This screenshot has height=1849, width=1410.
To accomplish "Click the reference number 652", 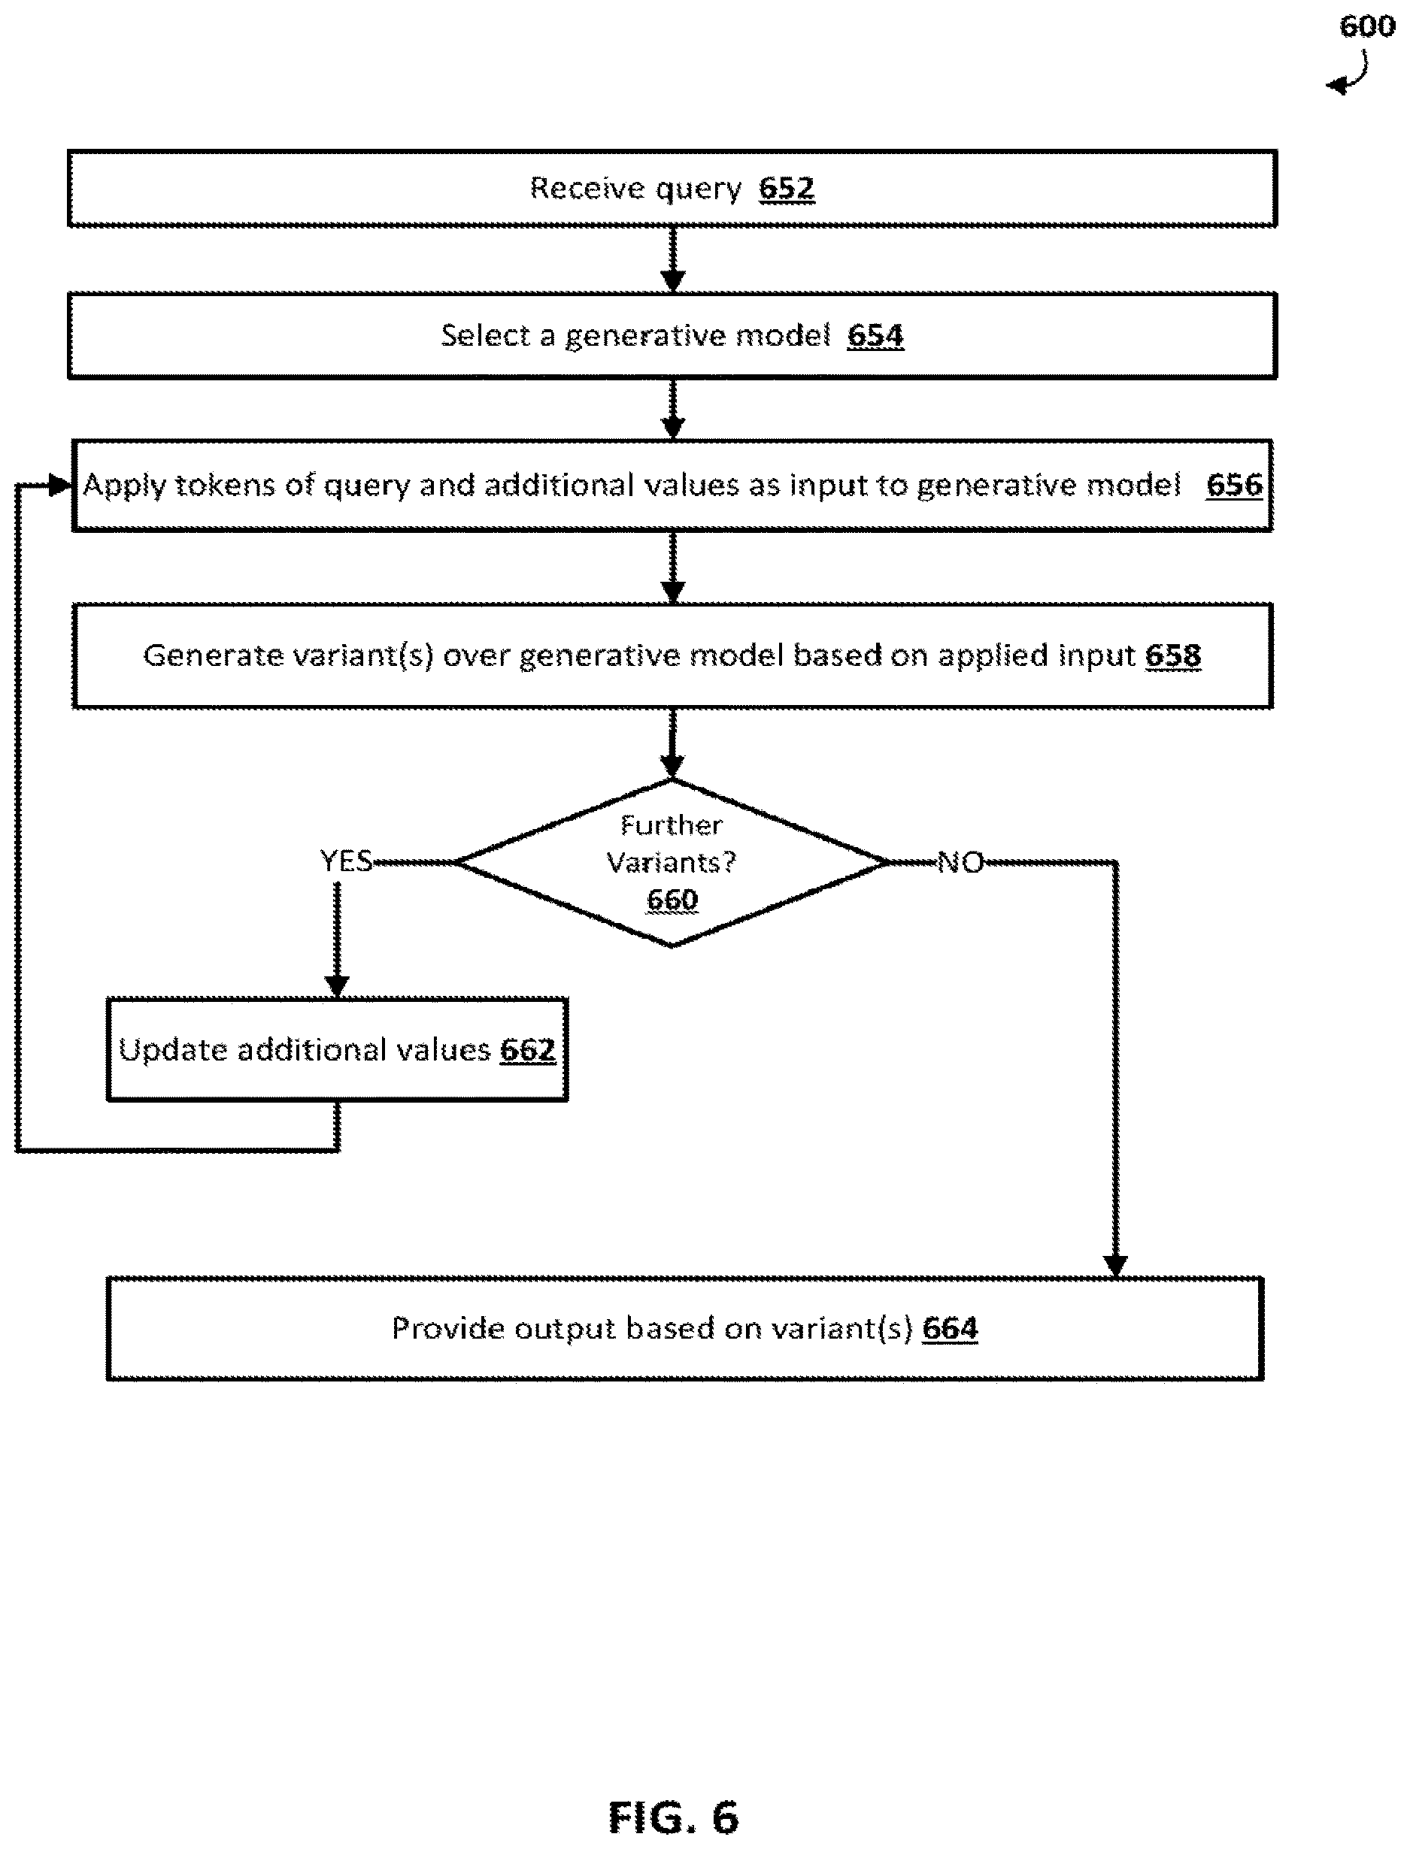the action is click(787, 188).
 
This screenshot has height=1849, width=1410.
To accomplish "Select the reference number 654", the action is click(875, 335).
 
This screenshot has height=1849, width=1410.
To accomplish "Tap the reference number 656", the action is click(1234, 484).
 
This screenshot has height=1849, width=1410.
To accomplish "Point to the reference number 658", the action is click(1172, 655).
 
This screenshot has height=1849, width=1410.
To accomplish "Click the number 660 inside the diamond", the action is click(672, 900).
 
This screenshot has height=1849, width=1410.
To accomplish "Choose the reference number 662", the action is click(528, 1049).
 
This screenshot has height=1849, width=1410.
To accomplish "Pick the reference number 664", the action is click(950, 1328).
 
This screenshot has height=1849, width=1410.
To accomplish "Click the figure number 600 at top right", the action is click(1367, 26).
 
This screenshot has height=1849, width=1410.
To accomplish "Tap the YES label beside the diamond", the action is click(346, 861).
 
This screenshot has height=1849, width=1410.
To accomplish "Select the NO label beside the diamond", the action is click(960, 861).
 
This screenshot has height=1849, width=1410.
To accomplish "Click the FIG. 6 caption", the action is click(673, 1818).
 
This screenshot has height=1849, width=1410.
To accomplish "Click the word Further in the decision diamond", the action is click(672, 825).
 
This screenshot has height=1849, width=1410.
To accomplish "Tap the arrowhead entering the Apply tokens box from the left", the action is click(61, 485).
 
